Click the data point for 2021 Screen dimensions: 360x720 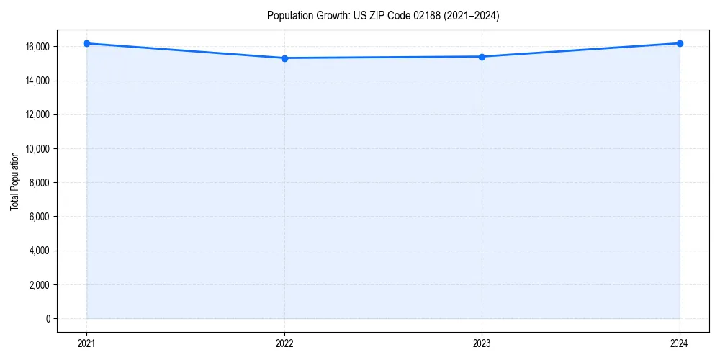pos(86,43)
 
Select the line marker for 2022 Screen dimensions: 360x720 pos(284,58)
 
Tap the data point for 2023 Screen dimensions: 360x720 pos(482,57)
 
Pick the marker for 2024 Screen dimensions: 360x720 pos(680,43)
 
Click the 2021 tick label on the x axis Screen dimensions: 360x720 pos(86,343)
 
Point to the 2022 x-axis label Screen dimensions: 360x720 pos(284,343)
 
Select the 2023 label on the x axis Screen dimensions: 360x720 pos(482,343)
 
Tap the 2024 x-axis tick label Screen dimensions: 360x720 pos(680,343)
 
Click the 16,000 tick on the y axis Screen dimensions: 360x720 pos(37,47)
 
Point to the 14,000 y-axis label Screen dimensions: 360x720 pos(37,81)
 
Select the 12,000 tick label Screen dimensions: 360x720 pos(37,114)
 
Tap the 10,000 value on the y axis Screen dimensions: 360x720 pos(37,149)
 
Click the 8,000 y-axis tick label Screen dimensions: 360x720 pos(40,183)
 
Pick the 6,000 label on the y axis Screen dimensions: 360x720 pos(40,217)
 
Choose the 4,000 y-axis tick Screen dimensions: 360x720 pos(40,251)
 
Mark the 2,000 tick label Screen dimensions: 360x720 pos(40,285)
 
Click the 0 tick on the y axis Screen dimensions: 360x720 pos(48,319)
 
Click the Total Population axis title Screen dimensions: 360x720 pos(14,181)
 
